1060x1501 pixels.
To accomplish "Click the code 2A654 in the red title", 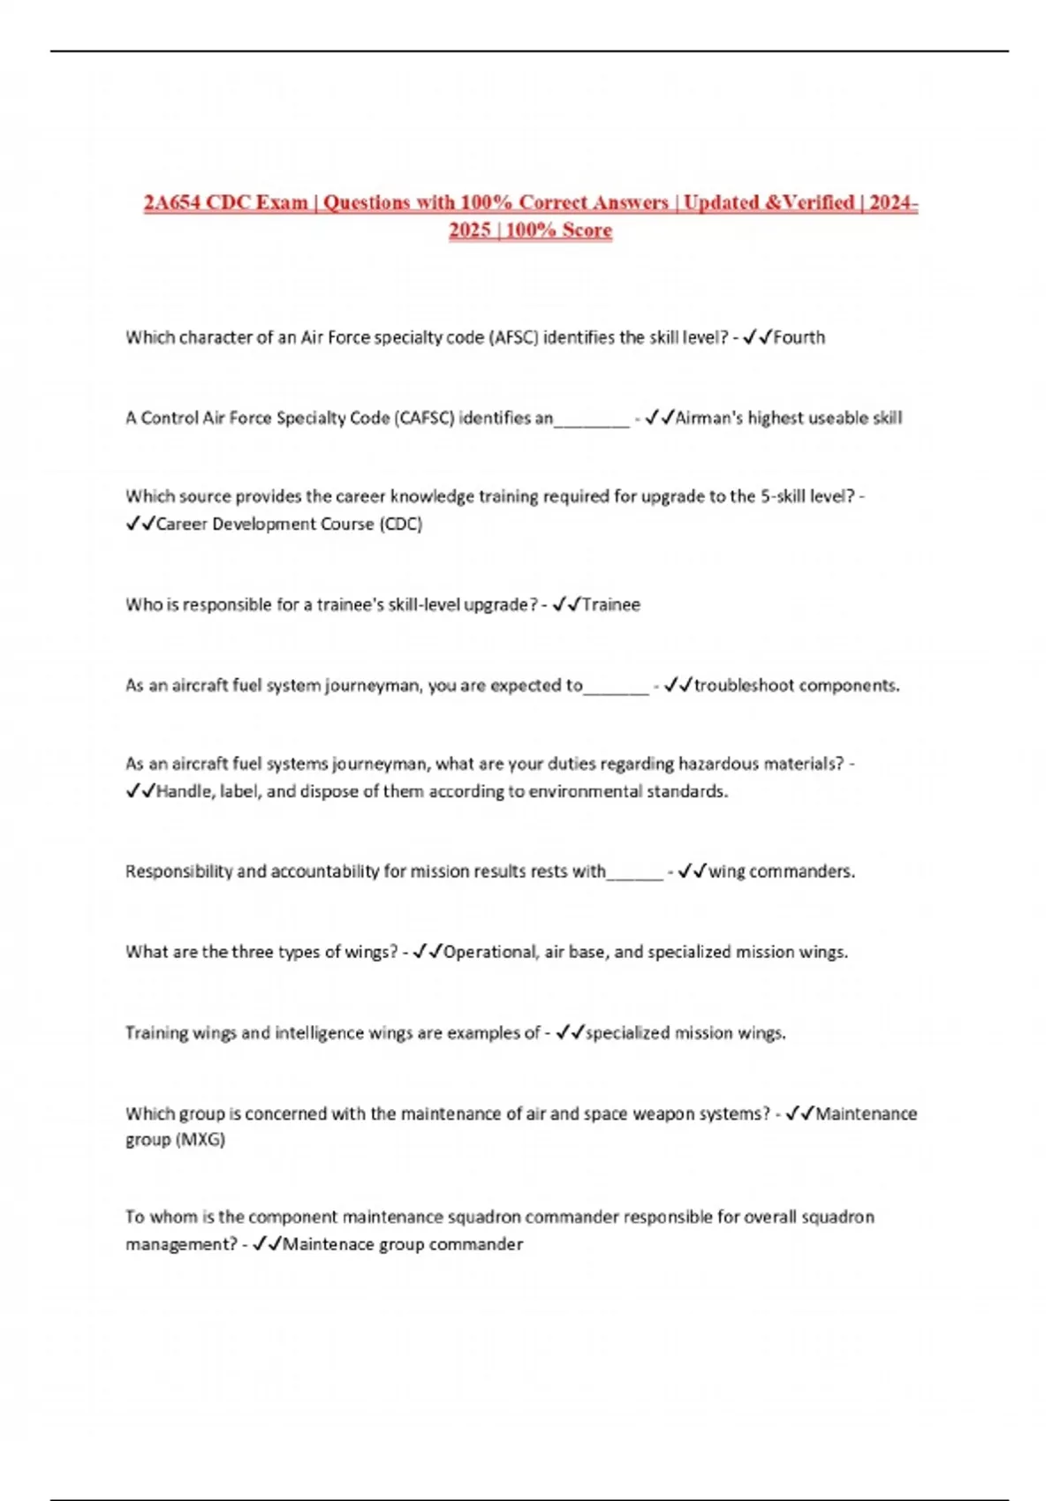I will click(174, 203).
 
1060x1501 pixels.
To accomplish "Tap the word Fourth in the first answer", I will click(799, 337).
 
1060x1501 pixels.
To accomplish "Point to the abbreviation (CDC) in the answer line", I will click(400, 524).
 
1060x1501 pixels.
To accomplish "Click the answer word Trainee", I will click(610, 605).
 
